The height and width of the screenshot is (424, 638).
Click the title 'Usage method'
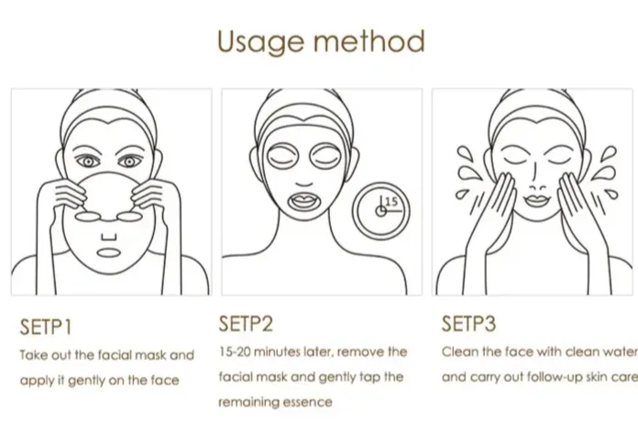pos(320,40)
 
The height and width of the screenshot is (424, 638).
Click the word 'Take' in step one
pos(34,354)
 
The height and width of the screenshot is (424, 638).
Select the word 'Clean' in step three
pos(460,351)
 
